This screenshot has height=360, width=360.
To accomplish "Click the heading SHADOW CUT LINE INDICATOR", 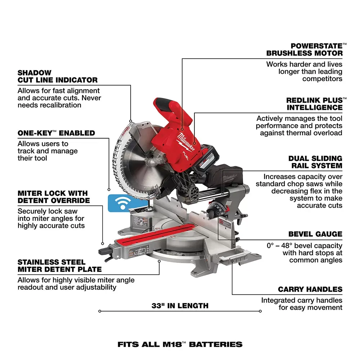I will coord(57,76).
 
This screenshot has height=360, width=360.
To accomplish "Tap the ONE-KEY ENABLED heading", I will coord(56,133).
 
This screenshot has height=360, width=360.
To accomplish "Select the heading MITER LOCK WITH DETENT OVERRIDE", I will coord(54,197).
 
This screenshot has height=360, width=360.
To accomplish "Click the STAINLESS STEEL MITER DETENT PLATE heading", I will coord(59,266).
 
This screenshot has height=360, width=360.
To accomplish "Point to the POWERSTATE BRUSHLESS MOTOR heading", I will coord(305,50).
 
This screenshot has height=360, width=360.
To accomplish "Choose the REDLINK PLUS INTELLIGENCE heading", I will coord(314,104).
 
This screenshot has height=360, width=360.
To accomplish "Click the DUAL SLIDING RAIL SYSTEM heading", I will coord(315,162).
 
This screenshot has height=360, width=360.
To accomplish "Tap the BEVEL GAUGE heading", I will coord(315,234).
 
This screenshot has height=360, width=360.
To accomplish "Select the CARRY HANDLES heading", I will coord(310,289).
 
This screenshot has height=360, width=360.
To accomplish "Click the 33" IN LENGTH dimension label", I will coord(180,306).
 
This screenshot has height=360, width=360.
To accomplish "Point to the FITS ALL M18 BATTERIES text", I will coord(180,344).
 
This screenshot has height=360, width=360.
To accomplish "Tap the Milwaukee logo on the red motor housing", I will coord(186,141).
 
